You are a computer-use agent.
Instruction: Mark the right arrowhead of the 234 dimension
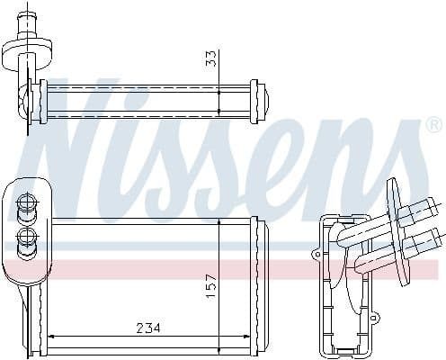249,337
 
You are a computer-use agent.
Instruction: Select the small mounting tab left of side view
316,256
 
